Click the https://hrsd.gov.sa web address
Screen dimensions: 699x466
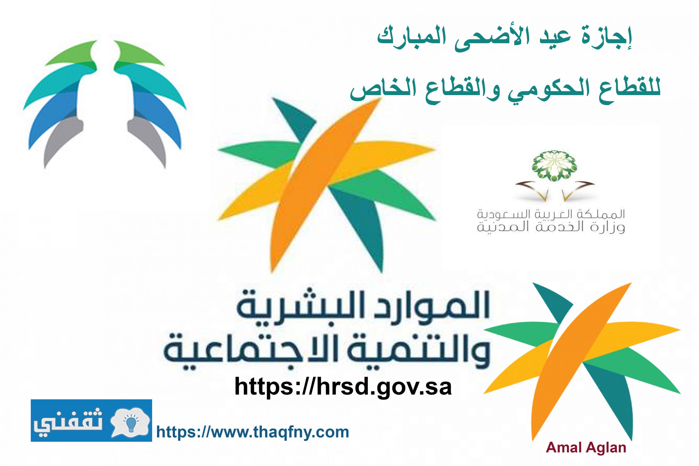click(343, 386)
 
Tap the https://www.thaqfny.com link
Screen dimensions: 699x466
click(253, 432)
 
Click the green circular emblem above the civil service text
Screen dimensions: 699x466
click(555, 165)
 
